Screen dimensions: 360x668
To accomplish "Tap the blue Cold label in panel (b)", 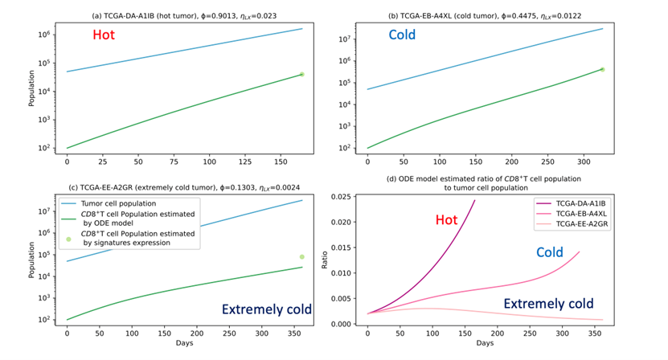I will pyautogui.click(x=408, y=35).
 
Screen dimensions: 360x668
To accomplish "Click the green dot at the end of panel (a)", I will pyautogui.click(x=301, y=74).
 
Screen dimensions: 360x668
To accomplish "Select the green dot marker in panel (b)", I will pyautogui.click(x=602, y=69).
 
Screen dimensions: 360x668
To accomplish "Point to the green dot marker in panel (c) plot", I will pyautogui.click(x=302, y=257).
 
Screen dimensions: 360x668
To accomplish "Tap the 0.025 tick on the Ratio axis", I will pyautogui.click(x=341, y=197).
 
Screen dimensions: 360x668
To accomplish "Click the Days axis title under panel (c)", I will pyautogui.click(x=184, y=343).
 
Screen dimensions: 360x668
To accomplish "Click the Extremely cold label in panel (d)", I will pyautogui.click(x=548, y=304).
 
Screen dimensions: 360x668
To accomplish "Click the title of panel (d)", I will pyautogui.click(x=486, y=182).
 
